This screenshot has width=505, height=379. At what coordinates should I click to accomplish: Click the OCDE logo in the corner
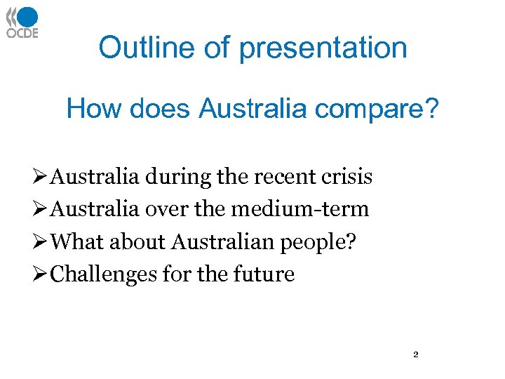(22, 22)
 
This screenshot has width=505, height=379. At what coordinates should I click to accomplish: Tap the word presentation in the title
(323, 48)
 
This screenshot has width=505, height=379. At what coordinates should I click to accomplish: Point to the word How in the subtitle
(90, 109)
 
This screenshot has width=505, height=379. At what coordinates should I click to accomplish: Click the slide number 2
(415, 355)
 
